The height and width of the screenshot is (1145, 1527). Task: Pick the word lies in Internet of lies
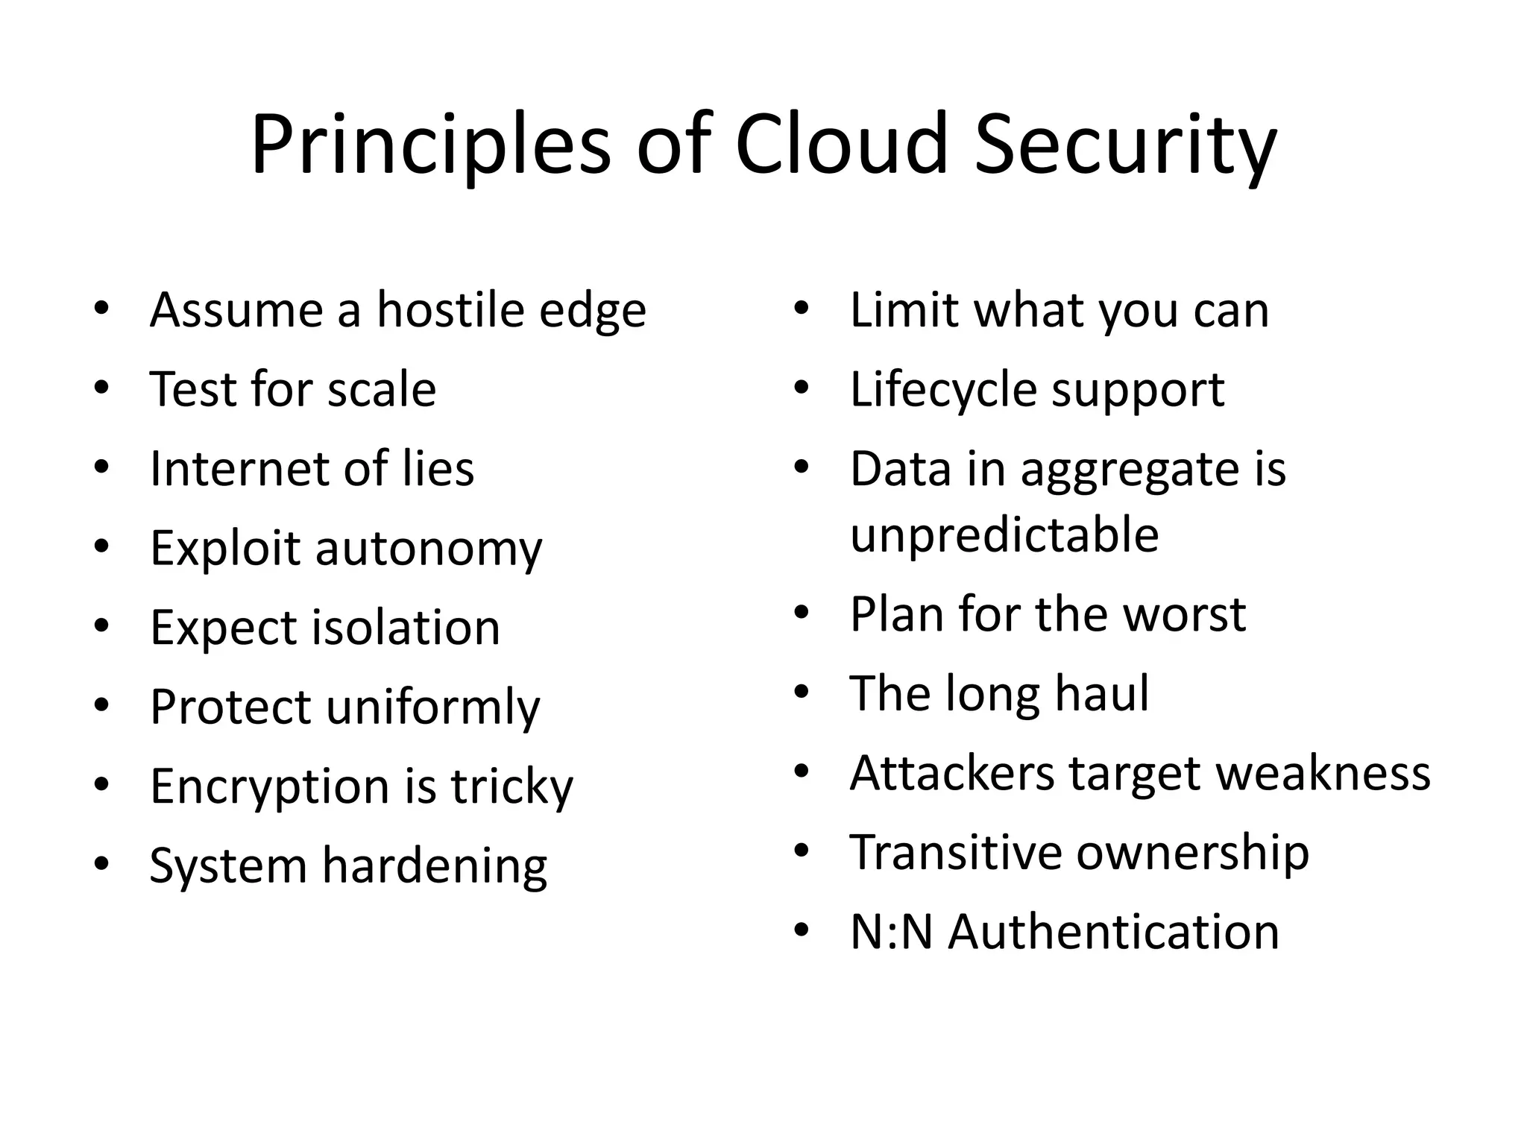pyautogui.click(x=438, y=469)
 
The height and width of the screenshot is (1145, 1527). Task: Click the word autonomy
pyautogui.click(x=429, y=550)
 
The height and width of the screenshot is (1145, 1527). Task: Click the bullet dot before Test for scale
pyautogui.click(x=102, y=388)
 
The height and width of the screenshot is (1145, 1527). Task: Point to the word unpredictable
pyautogui.click(x=1004, y=535)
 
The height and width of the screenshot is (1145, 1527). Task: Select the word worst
pyautogui.click(x=1184, y=614)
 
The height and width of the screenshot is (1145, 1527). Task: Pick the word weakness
pyautogui.click(x=1323, y=773)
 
